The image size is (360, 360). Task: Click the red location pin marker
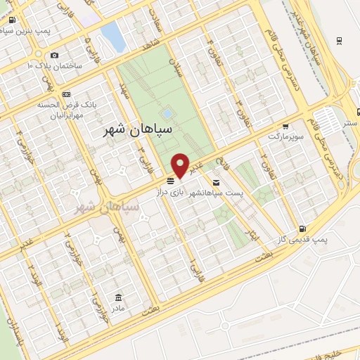(x=181, y=165)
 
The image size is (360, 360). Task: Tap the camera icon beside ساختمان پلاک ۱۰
(x=55, y=56)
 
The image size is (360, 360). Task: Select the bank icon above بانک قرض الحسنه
(x=66, y=94)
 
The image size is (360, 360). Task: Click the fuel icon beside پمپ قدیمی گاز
(x=303, y=228)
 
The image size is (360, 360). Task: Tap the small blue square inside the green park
(x=167, y=113)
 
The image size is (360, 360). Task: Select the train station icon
(x=340, y=40)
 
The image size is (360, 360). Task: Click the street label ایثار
(x=246, y=233)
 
